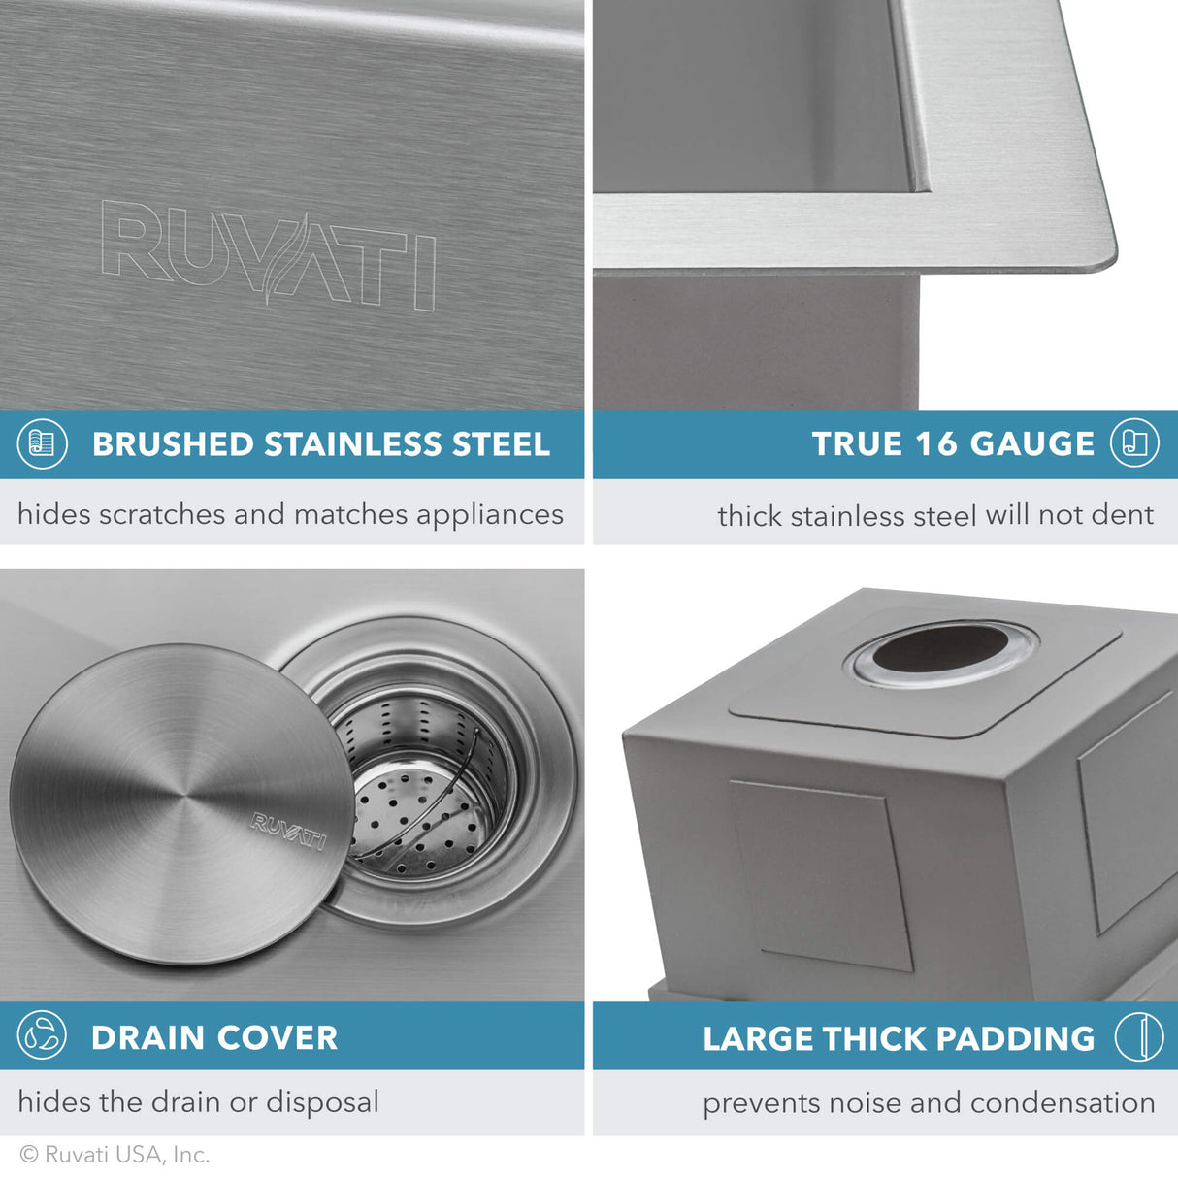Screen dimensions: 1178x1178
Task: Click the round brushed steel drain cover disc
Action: pyautogui.click(x=181, y=803)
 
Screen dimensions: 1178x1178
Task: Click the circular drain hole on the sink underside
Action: pyautogui.click(x=944, y=651)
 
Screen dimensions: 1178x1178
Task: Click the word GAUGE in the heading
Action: pyautogui.click(x=1031, y=444)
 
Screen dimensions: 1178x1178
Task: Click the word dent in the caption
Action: pyautogui.click(x=1126, y=515)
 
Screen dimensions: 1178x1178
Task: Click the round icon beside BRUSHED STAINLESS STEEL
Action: pyautogui.click(x=43, y=444)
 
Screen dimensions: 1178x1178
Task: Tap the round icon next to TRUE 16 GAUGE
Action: pyautogui.click(x=1135, y=444)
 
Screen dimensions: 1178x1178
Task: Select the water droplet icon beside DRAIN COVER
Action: pyautogui.click(x=43, y=1035)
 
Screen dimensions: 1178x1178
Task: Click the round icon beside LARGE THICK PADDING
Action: pyautogui.click(x=1138, y=1036)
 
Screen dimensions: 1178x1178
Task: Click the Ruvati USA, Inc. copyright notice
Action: pyautogui.click(x=115, y=1155)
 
